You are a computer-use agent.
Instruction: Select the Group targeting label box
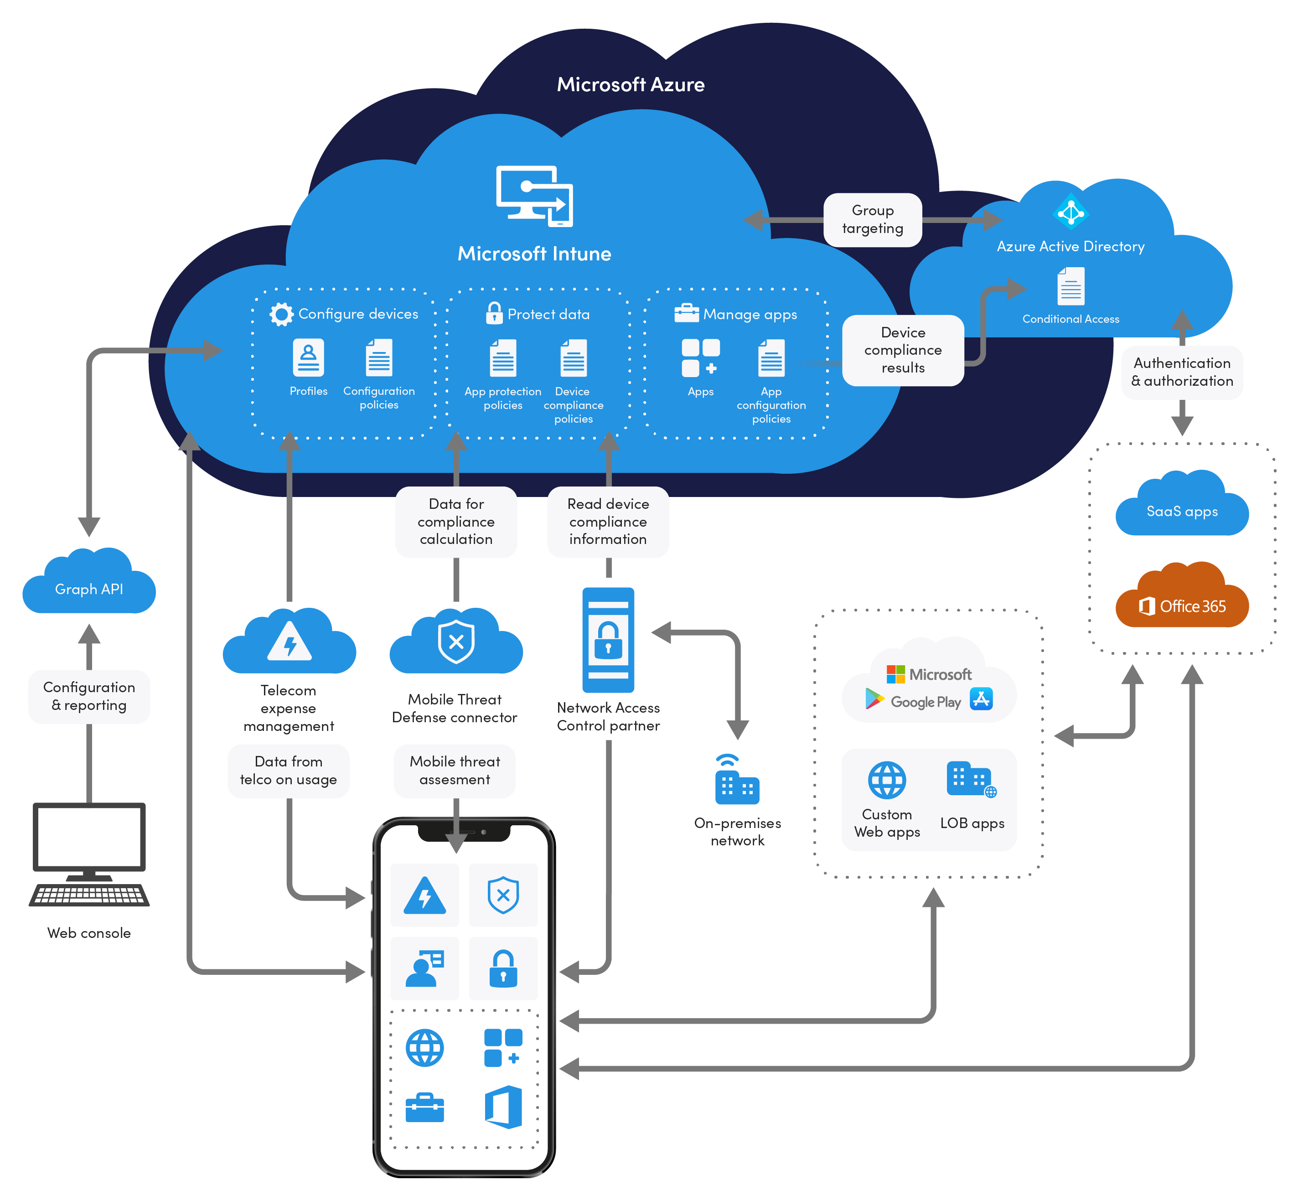872,220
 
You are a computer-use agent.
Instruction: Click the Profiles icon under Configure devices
308,357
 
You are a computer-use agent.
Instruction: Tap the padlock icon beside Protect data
494,313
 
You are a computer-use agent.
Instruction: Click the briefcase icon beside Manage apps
686,313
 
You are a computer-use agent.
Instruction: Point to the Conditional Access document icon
1070,287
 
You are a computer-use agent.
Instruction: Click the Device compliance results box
902,350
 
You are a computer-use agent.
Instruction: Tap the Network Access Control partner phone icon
608,640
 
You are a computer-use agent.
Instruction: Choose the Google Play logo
875,699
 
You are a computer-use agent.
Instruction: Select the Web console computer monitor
89,837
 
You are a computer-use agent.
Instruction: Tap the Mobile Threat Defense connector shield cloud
455,643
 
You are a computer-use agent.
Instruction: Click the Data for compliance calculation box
455,522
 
